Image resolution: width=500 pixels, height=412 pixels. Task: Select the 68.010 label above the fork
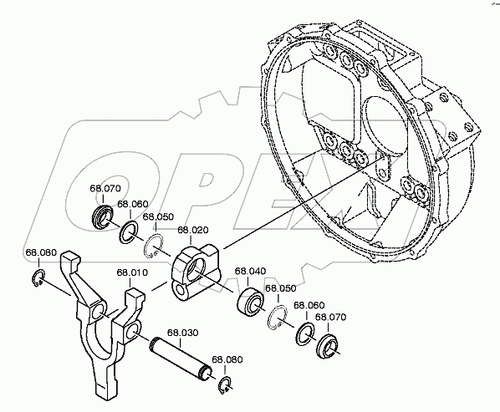(132, 272)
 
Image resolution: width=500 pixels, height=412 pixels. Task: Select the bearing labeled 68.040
(249, 300)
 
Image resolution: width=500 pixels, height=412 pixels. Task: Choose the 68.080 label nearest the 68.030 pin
(227, 359)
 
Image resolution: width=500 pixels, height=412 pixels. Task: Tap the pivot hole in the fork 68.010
(99, 314)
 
